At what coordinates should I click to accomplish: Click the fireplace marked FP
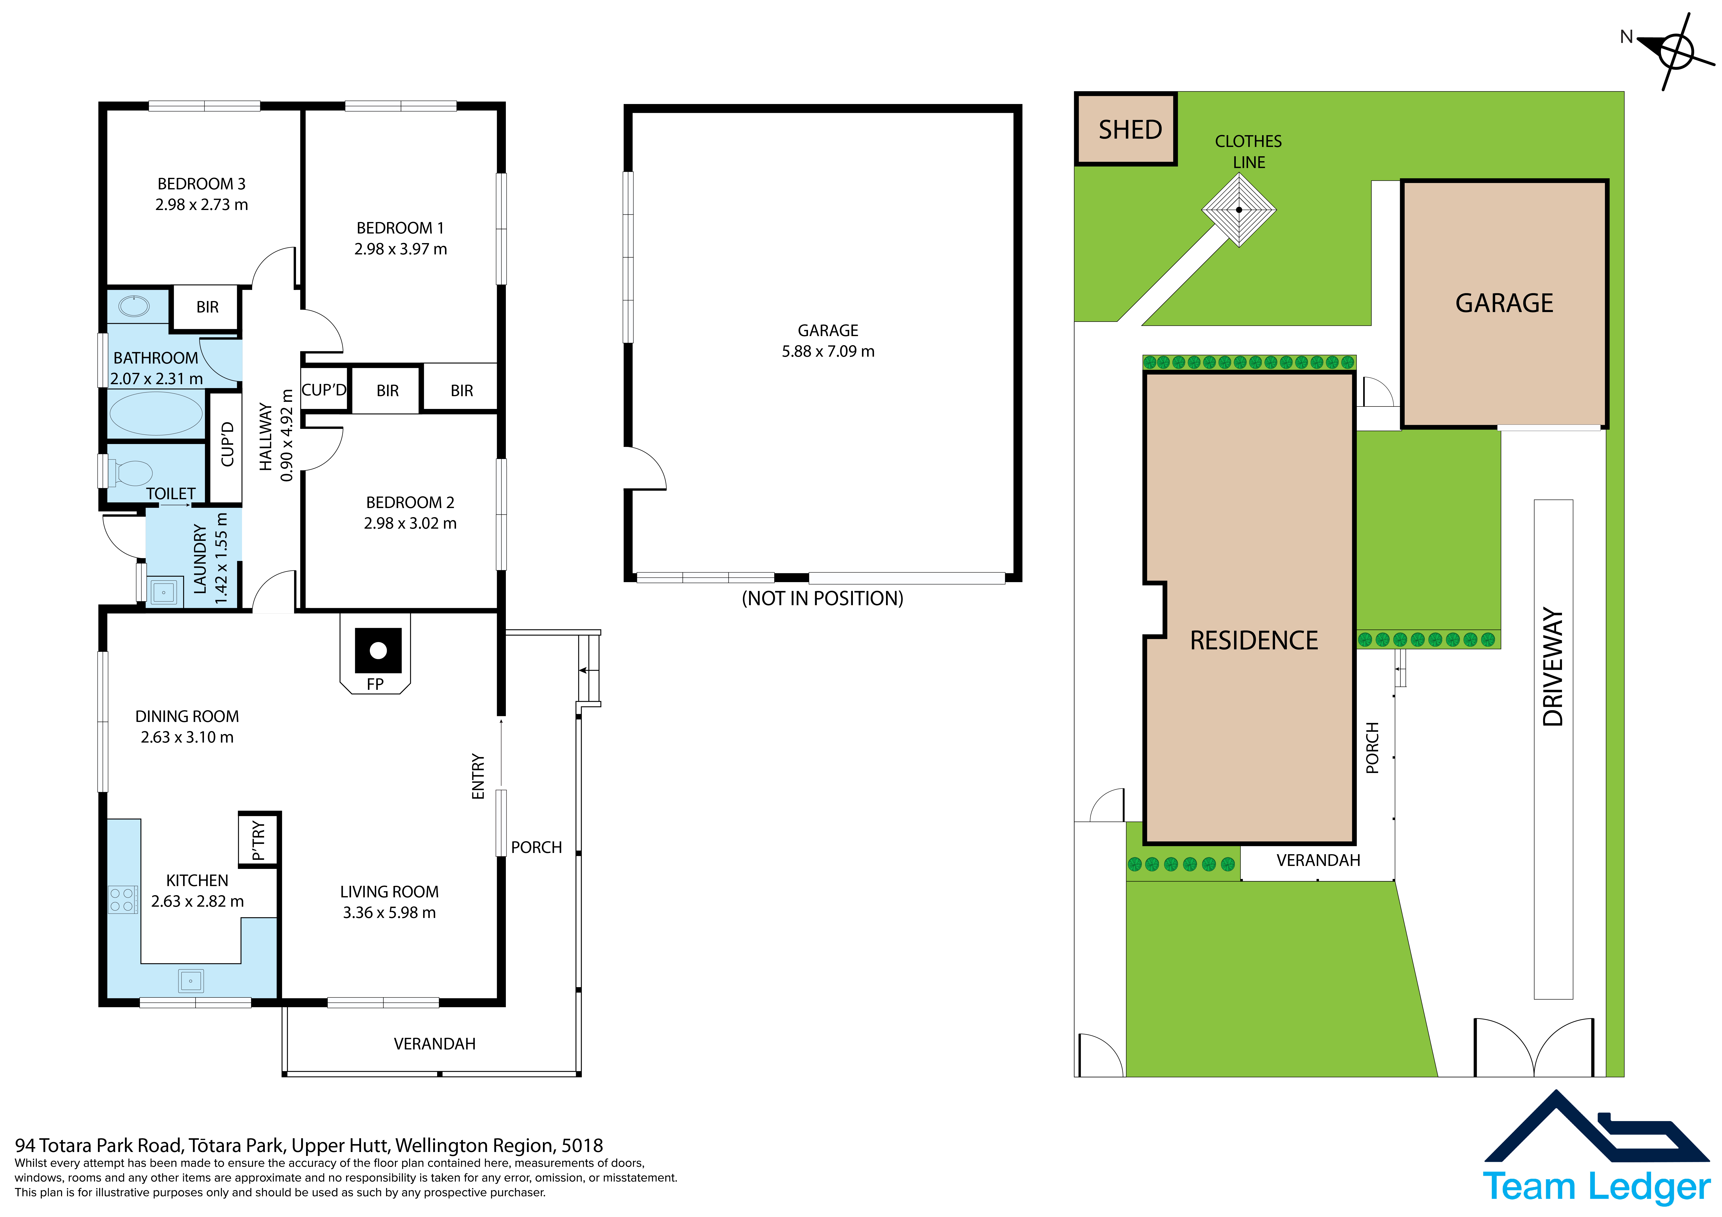(378, 651)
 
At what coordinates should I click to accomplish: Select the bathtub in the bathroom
(156, 413)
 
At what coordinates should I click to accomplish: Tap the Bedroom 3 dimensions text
(202, 205)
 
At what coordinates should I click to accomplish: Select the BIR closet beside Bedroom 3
(207, 307)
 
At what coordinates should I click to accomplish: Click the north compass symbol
(1674, 51)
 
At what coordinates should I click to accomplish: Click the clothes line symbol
(1239, 210)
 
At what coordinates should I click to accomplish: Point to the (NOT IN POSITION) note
(823, 598)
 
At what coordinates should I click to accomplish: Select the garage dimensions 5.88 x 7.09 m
(828, 352)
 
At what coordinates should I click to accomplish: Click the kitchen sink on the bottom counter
(190, 981)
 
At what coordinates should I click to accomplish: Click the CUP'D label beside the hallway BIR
(324, 390)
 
